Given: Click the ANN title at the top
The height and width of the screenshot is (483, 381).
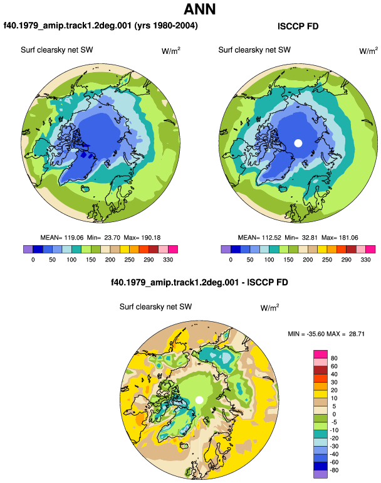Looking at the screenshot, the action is click(x=199, y=9).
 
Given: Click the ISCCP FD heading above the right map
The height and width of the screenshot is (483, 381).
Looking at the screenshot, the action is click(x=298, y=26).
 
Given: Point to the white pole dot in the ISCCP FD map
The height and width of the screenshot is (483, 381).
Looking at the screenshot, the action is click(x=298, y=143).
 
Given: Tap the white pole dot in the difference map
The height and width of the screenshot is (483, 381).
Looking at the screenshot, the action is click(x=199, y=400).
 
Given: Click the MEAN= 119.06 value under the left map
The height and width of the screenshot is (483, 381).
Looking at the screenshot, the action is click(x=62, y=238).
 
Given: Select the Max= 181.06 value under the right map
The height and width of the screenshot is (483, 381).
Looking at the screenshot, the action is click(x=340, y=238).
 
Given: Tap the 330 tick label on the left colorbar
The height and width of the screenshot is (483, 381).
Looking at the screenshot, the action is click(x=168, y=260).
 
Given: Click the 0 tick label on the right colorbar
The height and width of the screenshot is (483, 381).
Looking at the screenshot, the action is click(x=231, y=260).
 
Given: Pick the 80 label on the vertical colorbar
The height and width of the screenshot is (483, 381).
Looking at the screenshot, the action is click(x=334, y=358).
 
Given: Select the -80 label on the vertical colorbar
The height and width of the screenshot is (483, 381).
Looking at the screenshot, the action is click(x=334, y=470).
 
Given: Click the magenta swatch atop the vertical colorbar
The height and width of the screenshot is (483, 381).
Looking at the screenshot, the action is click(x=320, y=354).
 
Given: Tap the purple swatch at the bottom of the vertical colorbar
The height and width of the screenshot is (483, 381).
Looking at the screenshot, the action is click(x=320, y=474).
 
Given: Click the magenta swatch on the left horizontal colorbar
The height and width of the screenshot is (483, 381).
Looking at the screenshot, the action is click(x=173, y=249).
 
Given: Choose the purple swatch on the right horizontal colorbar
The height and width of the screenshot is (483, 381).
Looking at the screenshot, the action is click(x=226, y=249).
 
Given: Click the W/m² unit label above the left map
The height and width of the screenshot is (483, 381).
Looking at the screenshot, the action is click(x=171, y=51).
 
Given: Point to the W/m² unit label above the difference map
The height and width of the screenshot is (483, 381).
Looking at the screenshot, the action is click(x=269, y=307).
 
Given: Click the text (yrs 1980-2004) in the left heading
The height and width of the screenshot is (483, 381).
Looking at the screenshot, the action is click(x=166, y=25).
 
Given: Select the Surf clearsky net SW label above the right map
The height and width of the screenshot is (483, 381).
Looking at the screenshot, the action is click(x=254, y=50).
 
